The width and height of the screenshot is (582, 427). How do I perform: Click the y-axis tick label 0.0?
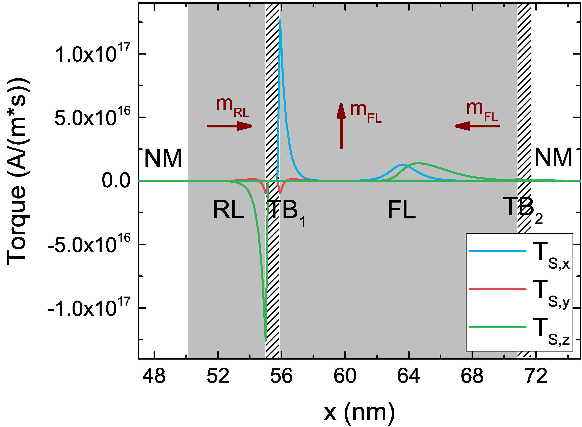[116, 181]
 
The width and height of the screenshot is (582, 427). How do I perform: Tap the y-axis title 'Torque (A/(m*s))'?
[17, 172]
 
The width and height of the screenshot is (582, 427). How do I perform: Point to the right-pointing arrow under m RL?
[230, 126]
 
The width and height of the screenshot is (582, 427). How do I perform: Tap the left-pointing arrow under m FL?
[477, 126]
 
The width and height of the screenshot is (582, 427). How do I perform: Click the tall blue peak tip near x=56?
[280, 20]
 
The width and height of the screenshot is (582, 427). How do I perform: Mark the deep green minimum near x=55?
[266, 340]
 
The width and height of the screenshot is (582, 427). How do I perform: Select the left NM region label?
[163, 158]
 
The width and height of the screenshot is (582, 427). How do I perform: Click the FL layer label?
[401, 211]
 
